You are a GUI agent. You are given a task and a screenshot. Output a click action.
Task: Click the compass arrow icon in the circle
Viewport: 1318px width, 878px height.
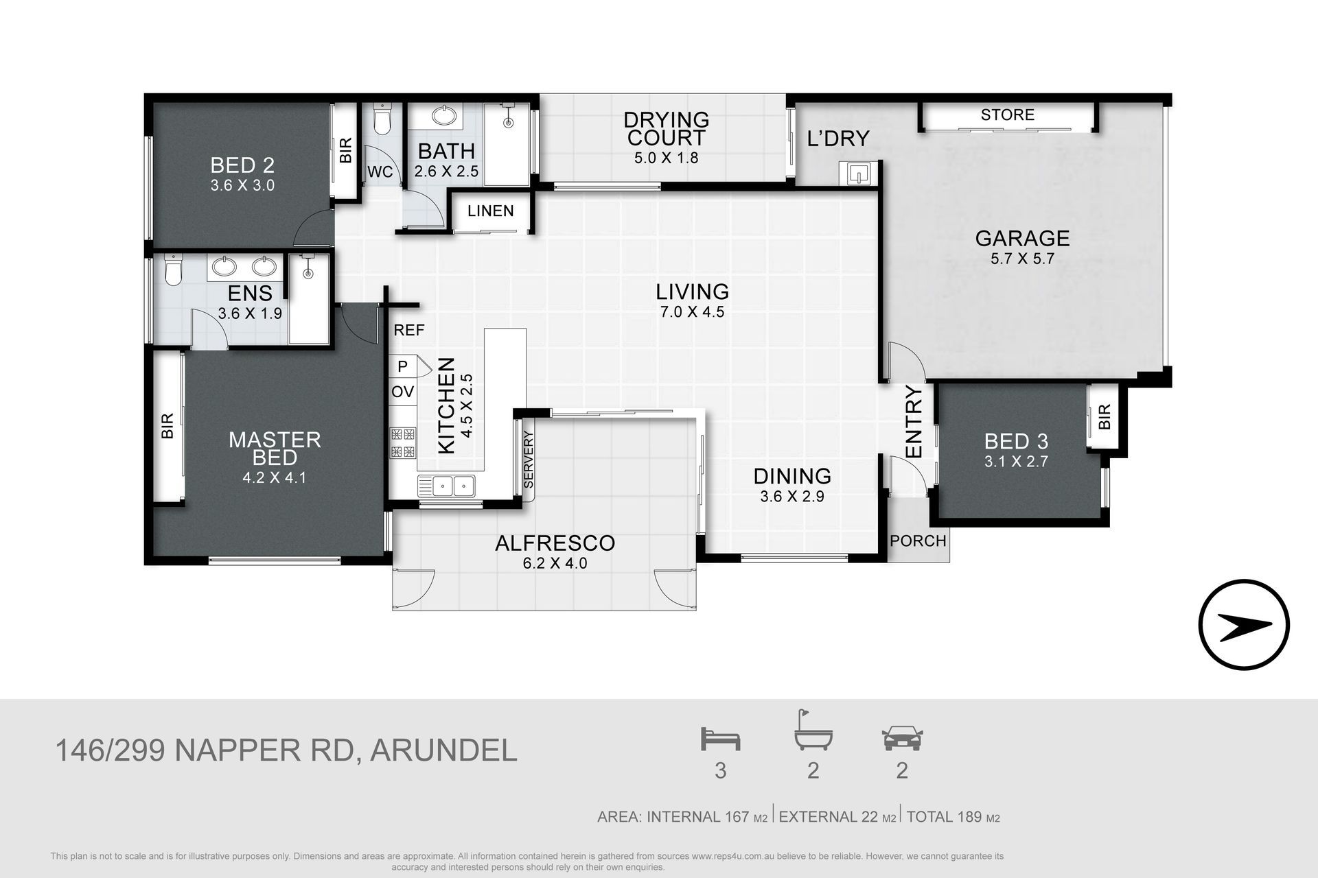coord(1244,624)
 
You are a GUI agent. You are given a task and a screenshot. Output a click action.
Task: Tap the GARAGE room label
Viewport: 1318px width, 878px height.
coord(1022,238)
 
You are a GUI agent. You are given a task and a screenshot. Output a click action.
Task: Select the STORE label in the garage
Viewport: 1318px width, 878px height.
coord(1007,115)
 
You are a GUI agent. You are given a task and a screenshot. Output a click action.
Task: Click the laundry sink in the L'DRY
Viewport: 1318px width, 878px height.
coord(858,173)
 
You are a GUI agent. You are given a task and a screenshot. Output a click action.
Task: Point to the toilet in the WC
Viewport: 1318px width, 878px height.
coord(382,120)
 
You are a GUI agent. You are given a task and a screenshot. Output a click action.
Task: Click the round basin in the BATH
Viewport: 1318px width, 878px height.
coord(446,116)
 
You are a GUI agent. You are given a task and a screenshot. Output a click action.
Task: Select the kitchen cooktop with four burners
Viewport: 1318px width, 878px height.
coord(403,442)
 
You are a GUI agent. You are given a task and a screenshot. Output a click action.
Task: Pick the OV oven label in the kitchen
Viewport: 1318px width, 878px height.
coord(402,392)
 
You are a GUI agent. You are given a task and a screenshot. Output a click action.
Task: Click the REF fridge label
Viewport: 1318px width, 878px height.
coord(409,330)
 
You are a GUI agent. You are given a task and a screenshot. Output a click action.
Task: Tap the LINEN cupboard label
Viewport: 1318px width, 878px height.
coord(490,211)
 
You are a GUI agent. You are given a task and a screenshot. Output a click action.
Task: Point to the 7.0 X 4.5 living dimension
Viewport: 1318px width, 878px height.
coord(692,312)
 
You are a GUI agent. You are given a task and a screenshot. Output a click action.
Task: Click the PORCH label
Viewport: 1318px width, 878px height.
coord(918,541)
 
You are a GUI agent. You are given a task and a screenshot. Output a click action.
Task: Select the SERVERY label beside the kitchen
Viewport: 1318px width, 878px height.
coord(528,459)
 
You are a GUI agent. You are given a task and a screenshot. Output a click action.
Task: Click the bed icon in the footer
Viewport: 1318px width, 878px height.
coord(720,739)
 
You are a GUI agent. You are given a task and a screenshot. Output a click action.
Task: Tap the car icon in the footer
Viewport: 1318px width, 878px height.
coord(902,739)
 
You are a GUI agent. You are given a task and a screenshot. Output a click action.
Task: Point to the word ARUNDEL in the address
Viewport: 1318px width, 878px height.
coord(443,750)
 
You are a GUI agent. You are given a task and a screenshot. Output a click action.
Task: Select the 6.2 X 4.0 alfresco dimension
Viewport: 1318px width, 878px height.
coord(555,564)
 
